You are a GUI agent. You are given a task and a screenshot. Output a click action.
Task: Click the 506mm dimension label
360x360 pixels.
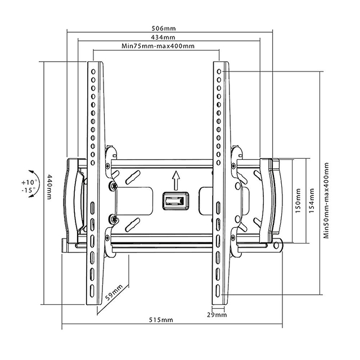tap(161, 28)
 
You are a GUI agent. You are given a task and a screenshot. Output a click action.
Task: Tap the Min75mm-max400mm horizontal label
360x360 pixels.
tap(157, 46)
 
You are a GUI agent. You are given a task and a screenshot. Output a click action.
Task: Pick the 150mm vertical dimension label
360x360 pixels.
tap(299, 201)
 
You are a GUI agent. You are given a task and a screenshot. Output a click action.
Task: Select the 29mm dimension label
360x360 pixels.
tap(217, 315)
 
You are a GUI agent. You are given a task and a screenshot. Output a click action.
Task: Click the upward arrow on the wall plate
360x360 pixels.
tap(175, 180)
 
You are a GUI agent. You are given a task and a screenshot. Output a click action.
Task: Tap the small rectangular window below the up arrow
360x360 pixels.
tap(173, 201)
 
